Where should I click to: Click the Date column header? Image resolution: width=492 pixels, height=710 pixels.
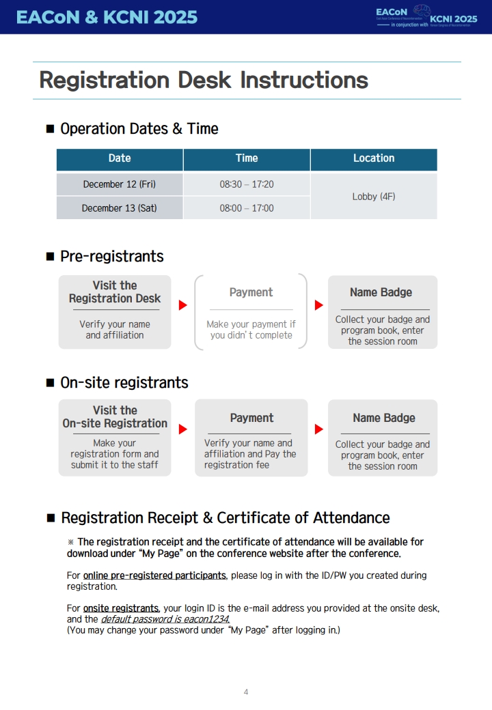[x=120, y=158]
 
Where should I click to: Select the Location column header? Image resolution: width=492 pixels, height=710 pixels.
[x=374, y=158]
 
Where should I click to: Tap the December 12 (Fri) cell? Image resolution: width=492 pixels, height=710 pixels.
[x=120, y=184]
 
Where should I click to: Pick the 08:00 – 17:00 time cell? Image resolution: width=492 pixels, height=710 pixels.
[x=247, y=208]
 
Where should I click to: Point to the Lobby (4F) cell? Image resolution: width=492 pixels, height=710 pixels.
[x=374, y=197]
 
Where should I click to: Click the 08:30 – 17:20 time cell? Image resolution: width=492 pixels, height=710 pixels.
[x=247, y=184]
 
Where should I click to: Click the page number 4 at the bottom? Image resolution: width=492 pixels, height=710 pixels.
[x=246, y=692]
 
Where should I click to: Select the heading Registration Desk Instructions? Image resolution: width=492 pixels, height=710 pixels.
[x=204, y=81]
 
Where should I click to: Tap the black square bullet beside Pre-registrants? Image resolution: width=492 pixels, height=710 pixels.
[x=50, y=257]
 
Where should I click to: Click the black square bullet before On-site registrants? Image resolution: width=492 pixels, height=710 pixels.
[x=50, y=383]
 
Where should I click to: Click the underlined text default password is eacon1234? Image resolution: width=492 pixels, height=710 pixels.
[x=165, y=619]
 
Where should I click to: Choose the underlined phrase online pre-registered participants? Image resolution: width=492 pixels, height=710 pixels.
[x=154, y=576]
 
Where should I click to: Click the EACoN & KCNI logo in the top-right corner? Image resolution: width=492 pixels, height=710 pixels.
[x=426, y=17]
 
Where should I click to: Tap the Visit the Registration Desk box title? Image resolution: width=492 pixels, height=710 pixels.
[x=115, y=292]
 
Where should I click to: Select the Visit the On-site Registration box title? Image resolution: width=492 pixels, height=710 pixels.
[x=115, y=417]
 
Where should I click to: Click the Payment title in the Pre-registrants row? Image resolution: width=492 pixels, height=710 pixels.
[x=251, y=292]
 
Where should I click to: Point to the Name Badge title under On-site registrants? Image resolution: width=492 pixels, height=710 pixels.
[x=383, y=418]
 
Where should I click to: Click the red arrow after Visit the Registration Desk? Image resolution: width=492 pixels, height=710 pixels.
[x=182, y=305]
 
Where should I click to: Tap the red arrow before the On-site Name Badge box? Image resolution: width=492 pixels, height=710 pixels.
[x=318, y=429]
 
